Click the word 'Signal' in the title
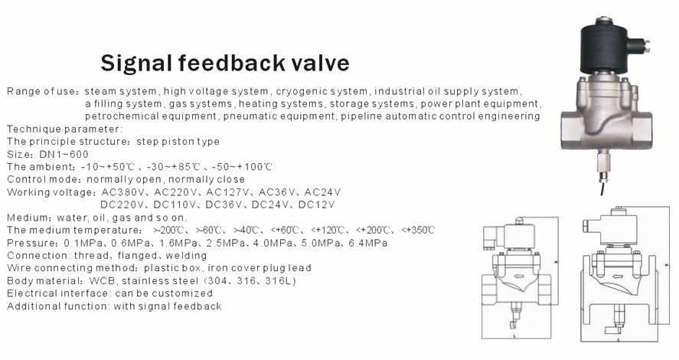pos(137,64)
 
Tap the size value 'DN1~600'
pos(64,154)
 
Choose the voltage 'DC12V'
pos(317,205)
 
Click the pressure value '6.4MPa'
pos(367,243)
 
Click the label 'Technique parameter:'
pos(65,129)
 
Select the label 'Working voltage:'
pos(51,192)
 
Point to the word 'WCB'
pos(101,280)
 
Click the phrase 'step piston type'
pos(178,142)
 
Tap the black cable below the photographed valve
pos(602,187)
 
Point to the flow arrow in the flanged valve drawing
pos(618,276)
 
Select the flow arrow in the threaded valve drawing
pos(518,276)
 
